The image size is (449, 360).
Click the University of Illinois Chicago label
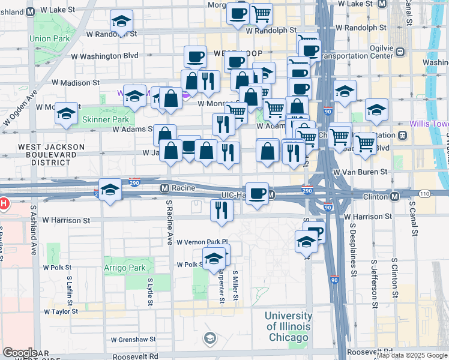click(x=288, y=326)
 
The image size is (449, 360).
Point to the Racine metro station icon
click(x=164, y=188)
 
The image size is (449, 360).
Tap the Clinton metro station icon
click(x=394, y=196)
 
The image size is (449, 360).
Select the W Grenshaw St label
click(x=133, y=339)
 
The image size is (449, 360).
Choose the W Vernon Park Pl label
click(x=202, y=242)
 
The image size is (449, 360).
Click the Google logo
click(x=20, y=352)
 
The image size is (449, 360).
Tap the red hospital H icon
click(x=2, y=203)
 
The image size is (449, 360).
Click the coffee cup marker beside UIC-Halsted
click(x=257, y=194)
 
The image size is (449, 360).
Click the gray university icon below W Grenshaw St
click(x=209, y=338)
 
